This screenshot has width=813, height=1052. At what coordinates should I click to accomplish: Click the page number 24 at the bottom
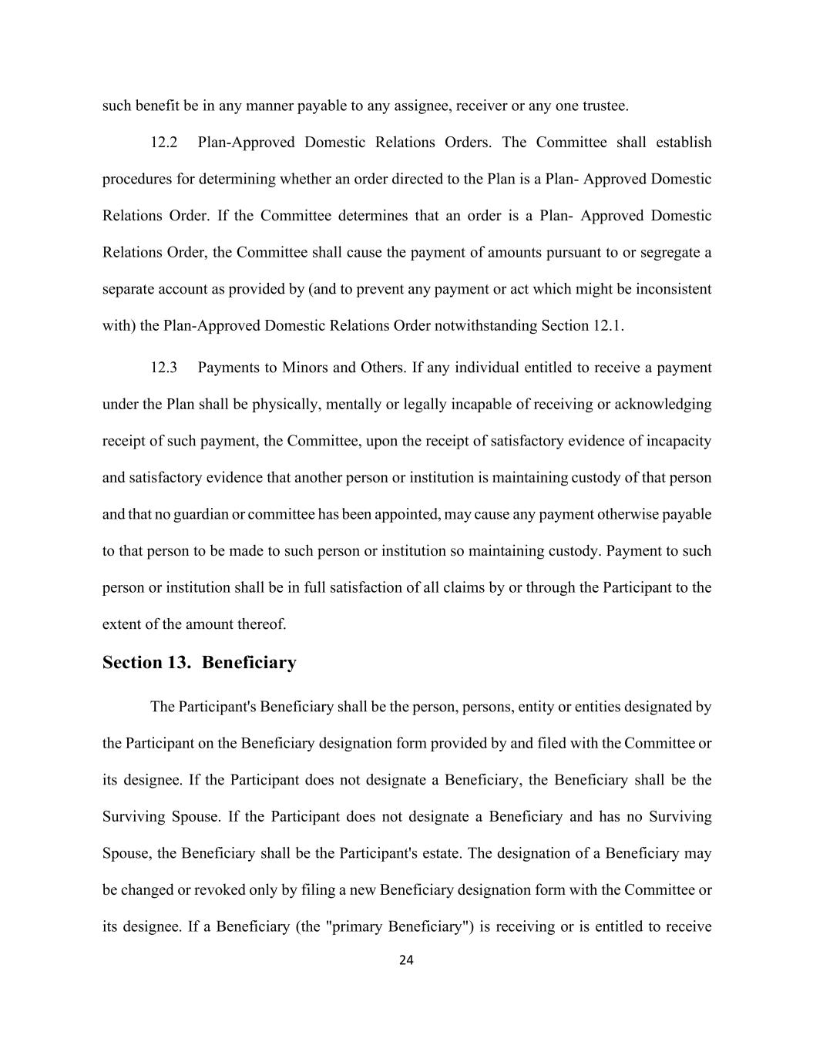click(x=407, y=960)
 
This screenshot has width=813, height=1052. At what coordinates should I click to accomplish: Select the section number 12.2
click(x=163, y=143)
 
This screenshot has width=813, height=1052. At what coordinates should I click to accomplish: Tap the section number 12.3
click(x=163, y=368)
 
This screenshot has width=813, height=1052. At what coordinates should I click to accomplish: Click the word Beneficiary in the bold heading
click(x=249, y=663)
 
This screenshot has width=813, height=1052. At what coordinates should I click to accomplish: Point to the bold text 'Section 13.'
click(x=146, y=663)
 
